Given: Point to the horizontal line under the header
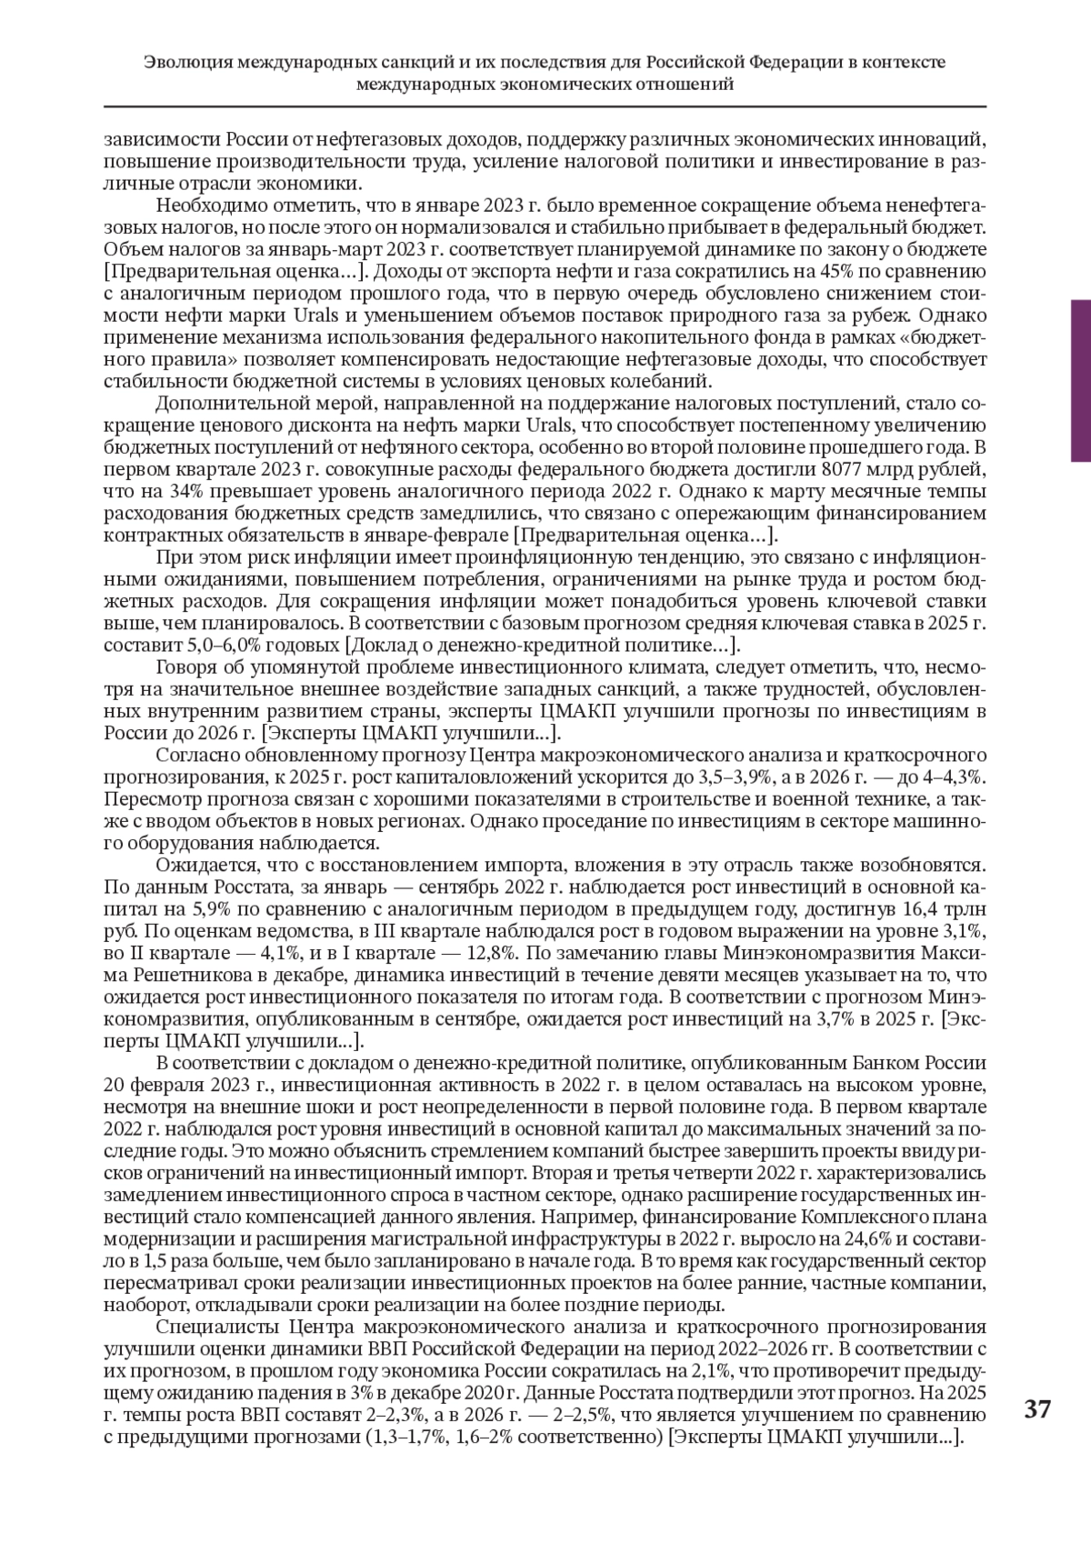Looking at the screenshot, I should tap(545, 106).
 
